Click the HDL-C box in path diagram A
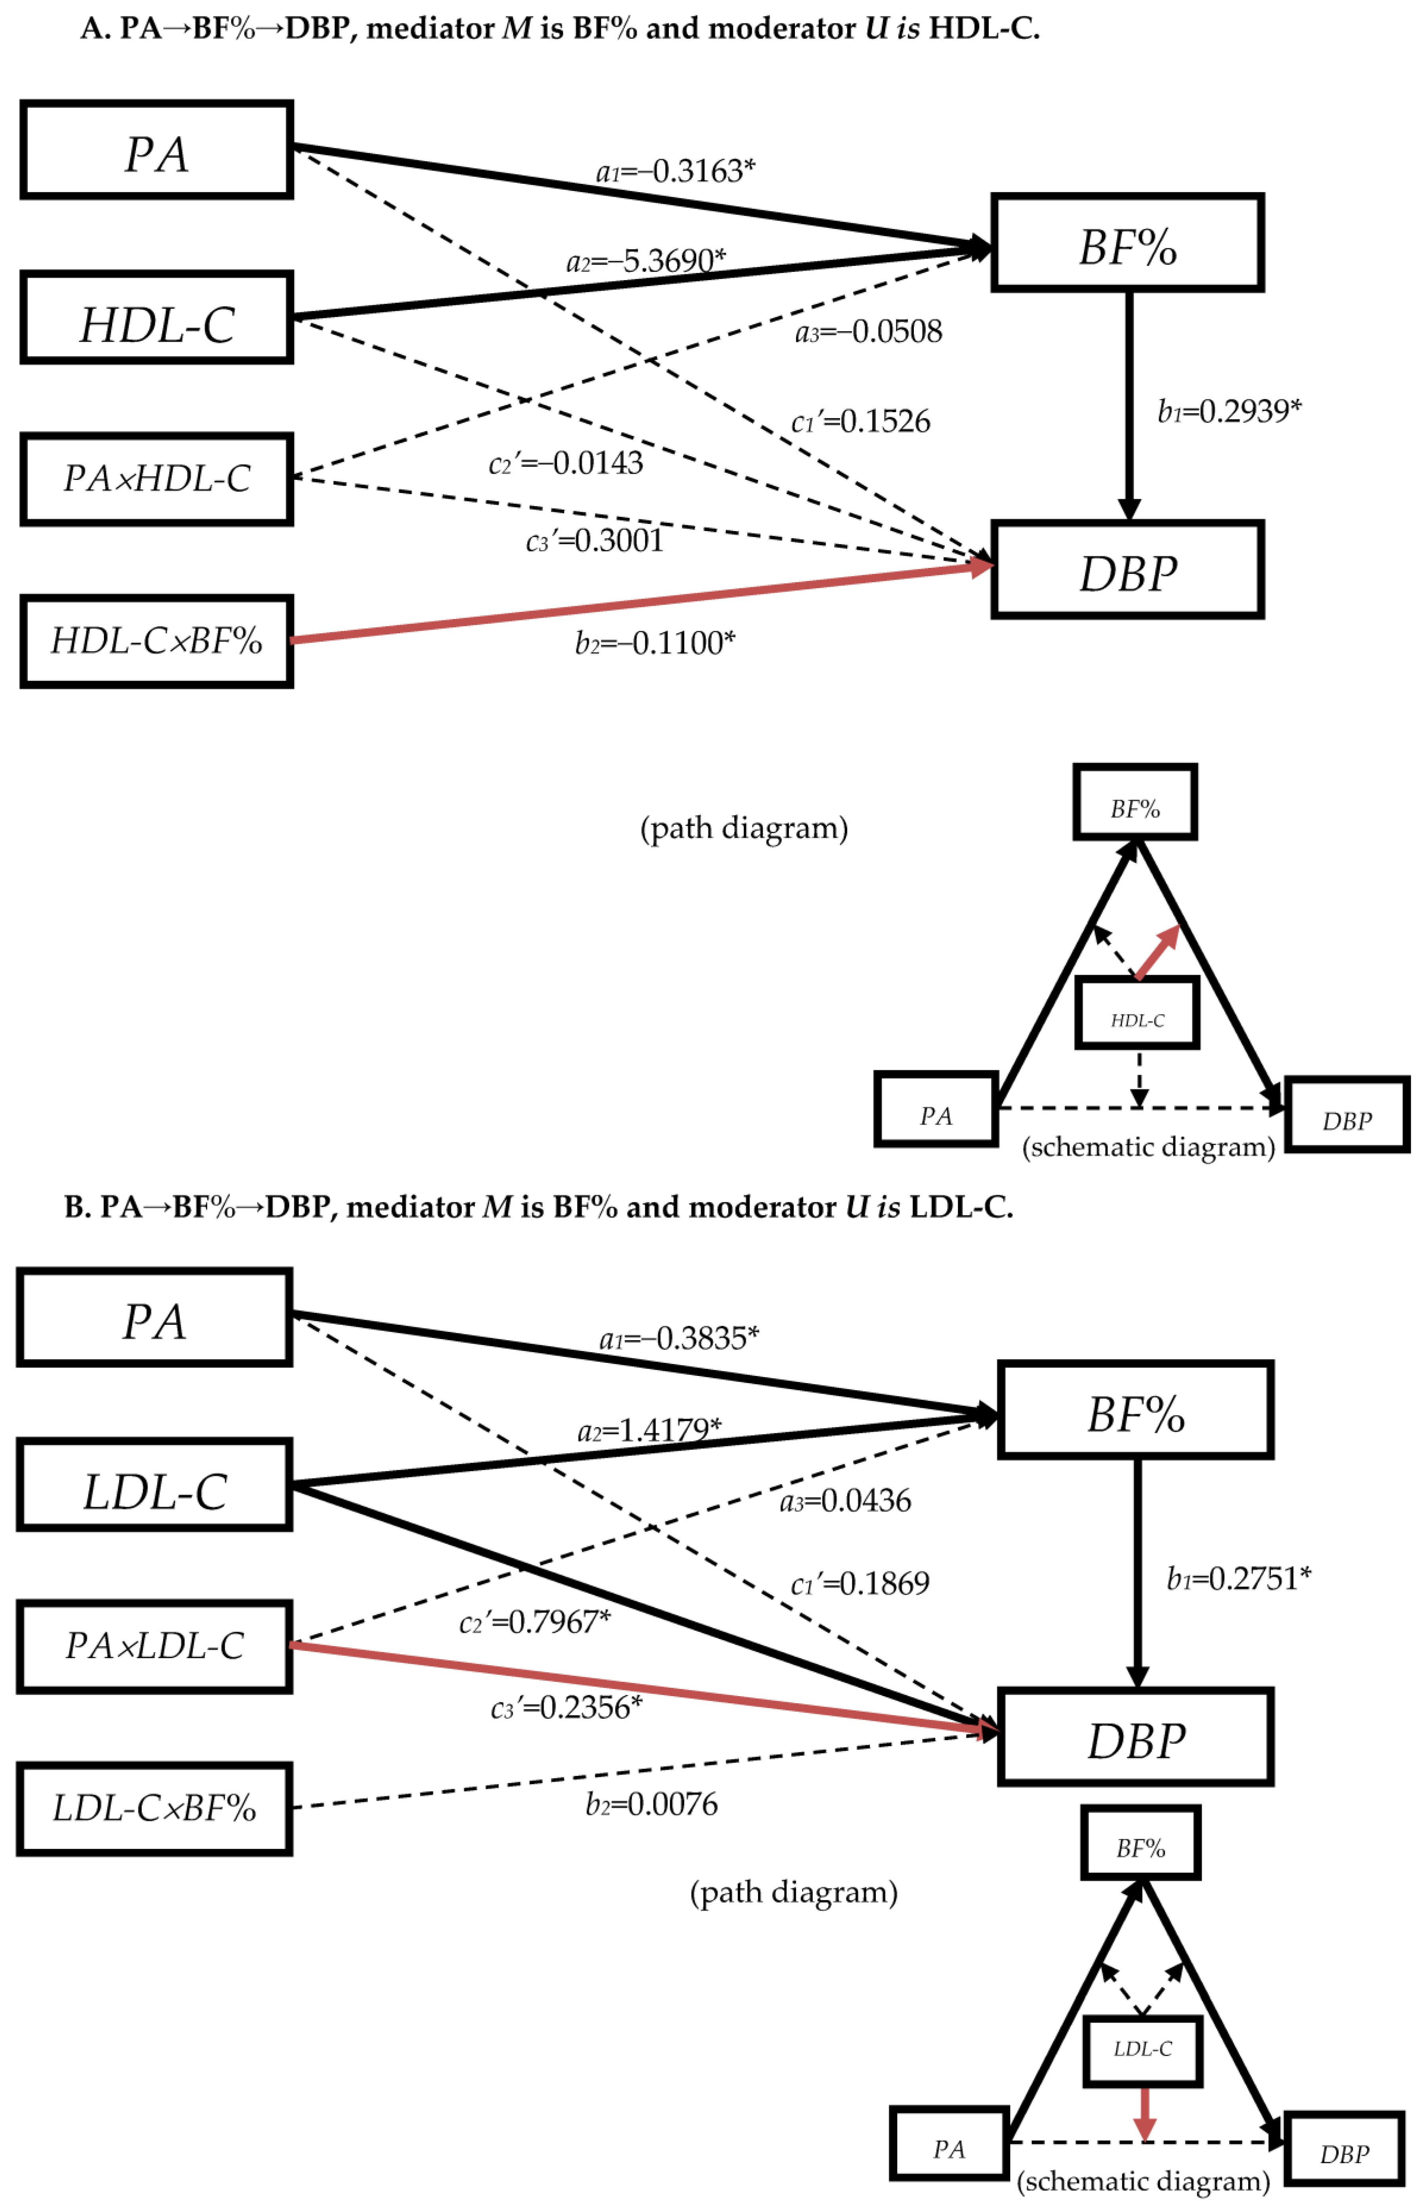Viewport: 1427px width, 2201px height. click(156, 317)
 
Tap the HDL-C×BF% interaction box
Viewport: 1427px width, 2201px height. click(156, 641)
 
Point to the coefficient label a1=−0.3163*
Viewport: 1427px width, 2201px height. click(675, 171)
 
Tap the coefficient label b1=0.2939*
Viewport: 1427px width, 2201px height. click(1229, 411)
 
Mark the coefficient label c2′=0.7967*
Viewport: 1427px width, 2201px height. click(535, 1621)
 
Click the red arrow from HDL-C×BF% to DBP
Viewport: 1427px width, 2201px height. click(638, 603)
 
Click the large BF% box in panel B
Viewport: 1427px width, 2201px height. click(1135, 1410)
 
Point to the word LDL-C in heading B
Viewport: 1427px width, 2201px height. click(960, 1207)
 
